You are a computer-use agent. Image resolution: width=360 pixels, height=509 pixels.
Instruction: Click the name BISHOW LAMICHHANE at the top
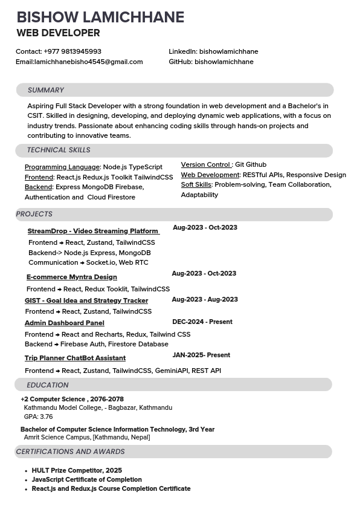(100, 17)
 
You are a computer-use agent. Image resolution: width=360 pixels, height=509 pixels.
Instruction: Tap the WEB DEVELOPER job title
(58, 33)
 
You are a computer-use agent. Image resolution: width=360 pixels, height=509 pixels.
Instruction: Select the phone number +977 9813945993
(72, 51)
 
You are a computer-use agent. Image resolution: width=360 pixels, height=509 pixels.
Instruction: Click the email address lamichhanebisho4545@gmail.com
(88, 62)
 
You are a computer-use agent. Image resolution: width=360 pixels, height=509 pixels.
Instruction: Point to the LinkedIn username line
(213, 51)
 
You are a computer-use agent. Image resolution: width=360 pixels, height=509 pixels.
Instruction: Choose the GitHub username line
(211, 62)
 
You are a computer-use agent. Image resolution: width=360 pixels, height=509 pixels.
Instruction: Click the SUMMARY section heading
(45, 90)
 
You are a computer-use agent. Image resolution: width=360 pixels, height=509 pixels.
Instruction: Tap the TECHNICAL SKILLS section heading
(59, 150)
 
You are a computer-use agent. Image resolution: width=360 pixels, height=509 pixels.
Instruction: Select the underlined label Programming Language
(62, 167)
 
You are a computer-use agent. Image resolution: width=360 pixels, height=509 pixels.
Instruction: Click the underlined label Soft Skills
(196, 185)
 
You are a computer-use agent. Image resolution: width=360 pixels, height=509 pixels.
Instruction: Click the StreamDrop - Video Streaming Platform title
(93, 231)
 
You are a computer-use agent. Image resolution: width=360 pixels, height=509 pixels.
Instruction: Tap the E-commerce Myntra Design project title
(71, 277)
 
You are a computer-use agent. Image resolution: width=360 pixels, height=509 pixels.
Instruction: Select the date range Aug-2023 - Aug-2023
(205, 299)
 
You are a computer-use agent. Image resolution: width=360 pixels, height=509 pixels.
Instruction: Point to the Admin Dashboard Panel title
(64, 323)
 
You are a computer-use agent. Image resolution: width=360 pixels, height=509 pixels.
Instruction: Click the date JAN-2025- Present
(201, 355)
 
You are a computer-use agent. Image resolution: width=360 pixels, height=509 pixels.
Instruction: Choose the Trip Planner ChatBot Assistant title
(75, 358)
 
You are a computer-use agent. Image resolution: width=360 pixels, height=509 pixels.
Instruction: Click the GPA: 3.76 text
(38, 417)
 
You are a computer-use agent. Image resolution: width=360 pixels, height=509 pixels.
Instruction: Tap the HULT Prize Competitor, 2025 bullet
(77, 470)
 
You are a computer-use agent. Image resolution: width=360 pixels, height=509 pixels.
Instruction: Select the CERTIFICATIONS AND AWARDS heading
(70, 452)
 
